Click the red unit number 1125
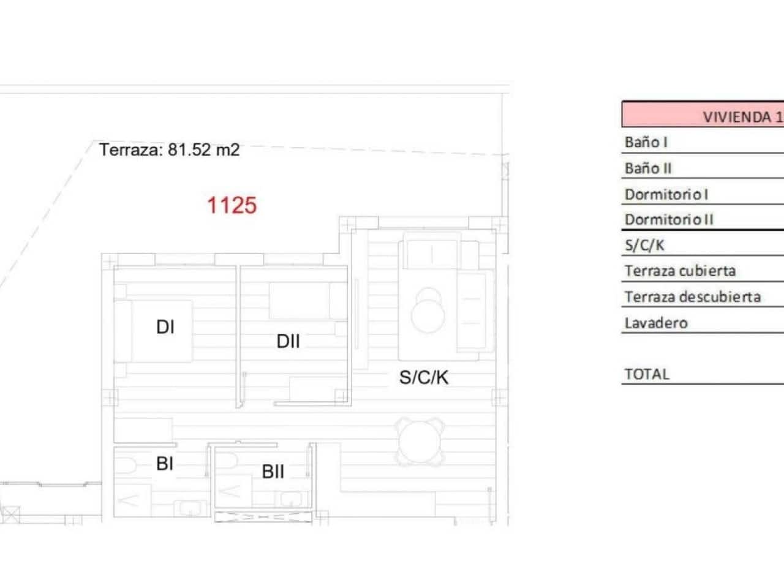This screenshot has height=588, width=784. [232, 205]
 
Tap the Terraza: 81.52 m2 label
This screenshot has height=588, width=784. [169, 149]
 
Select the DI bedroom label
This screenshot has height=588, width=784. [165, 327]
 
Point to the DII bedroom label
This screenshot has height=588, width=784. [288, 341]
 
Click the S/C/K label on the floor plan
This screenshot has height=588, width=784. [424, 377]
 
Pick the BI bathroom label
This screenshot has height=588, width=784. [165, 464]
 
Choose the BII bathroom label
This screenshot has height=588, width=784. [273, 472]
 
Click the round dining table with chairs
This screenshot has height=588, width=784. [420, 441]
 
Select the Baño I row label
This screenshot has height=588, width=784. [646, 142]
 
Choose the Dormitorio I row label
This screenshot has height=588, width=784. [666, 194]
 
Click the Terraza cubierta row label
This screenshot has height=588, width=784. [680, 271]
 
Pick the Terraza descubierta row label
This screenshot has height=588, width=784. [692, 297]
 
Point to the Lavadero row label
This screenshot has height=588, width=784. [656, 323]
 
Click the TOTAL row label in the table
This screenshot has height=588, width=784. [646, 374]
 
